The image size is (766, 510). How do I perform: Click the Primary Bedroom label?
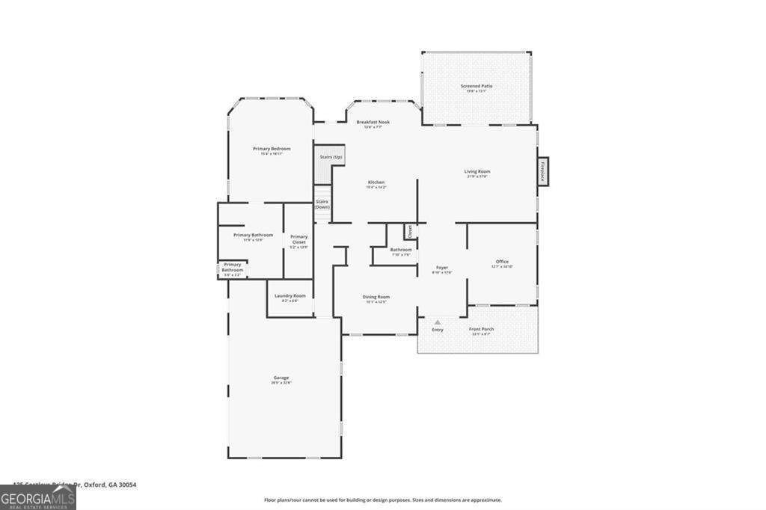(271, 149)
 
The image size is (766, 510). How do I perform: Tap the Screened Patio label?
(476, 87)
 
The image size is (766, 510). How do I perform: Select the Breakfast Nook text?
(373, 122)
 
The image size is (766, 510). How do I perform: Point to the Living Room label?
(477, 172)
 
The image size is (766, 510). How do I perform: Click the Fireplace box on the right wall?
(543, 170)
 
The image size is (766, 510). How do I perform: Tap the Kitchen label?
(376, 182)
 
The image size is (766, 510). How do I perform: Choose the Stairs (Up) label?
(331, 157)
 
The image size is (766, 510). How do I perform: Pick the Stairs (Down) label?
(322, 203)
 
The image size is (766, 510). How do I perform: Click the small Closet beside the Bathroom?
(409, 231)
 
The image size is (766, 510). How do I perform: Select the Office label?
(502, 262)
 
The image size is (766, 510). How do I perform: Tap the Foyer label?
(442, 268)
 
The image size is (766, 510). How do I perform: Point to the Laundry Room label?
(289, 296)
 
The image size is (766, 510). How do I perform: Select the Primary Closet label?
(298, 239)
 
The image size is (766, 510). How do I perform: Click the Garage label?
(281, 378)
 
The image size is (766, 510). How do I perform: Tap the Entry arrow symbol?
(438, 322)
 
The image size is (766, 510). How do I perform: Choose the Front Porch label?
(481, 330)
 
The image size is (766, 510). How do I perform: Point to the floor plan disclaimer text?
(382, 500)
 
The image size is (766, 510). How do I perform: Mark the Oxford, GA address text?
(75, 485)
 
